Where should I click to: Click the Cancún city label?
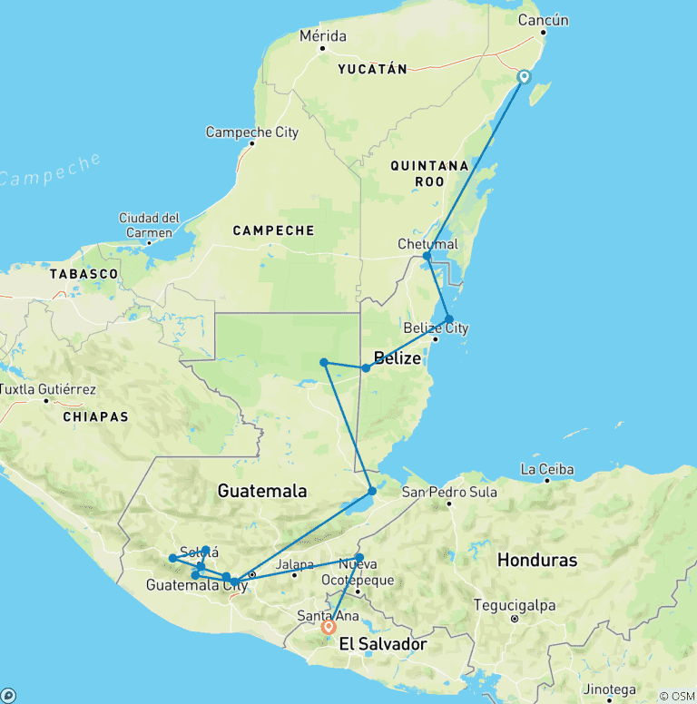click(543, 21)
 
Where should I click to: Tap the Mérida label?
click(322, 36)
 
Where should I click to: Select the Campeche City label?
click(251, 132)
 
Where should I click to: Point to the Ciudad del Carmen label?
click(149, 225)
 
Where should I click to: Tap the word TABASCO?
click(83, 273)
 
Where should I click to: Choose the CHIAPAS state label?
click(95, 416)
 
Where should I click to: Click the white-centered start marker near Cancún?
click(524, 77)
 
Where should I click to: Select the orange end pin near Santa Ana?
click(329, 626)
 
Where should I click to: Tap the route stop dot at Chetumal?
click(427, 256)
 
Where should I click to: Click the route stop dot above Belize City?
click(449, 318)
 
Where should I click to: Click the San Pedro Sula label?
click(451, 493)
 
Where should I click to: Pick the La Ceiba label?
click(547, 469)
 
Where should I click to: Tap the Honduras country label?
click(536, 560)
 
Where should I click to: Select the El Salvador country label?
click(382, 644)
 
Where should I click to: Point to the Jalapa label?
click(295, 563)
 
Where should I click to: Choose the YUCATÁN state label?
click(372, 69)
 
